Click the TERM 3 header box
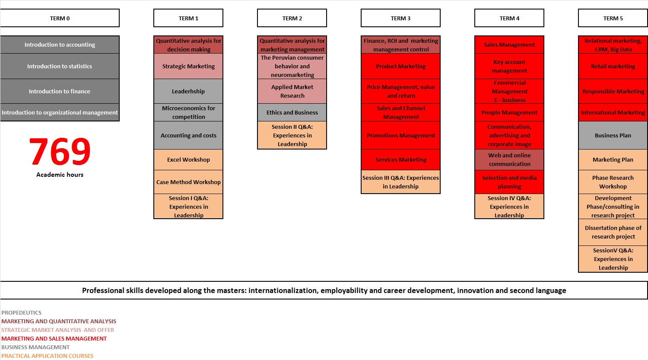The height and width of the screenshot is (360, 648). pos(400,18)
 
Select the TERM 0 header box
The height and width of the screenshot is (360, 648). pos(60,18)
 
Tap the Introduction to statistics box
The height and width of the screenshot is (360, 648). pos(60,66)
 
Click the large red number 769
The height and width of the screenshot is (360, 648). pos(60,151)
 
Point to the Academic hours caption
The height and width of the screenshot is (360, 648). pos(60,175)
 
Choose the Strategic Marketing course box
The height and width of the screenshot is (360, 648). pos(188,66)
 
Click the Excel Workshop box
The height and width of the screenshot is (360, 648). pos(188,159)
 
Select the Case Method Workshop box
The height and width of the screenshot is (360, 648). pos(188,182)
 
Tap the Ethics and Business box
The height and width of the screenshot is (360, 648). pos(292,112)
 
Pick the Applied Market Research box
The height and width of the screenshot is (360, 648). pos(292,91)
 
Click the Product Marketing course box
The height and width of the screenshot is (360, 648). pos(400,66)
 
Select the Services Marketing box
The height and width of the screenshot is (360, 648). pos(400,159)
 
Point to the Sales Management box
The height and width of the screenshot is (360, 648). pos(509,45)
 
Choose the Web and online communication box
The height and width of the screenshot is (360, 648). pos(509,159)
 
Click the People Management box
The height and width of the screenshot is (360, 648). pos(509,112)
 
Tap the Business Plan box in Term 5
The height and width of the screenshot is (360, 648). pos(613,135)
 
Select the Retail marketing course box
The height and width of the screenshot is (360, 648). pos(613,66)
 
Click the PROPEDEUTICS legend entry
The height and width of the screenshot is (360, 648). pos(22,312)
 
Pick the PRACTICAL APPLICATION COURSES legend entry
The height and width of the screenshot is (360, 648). pos(47,356)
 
